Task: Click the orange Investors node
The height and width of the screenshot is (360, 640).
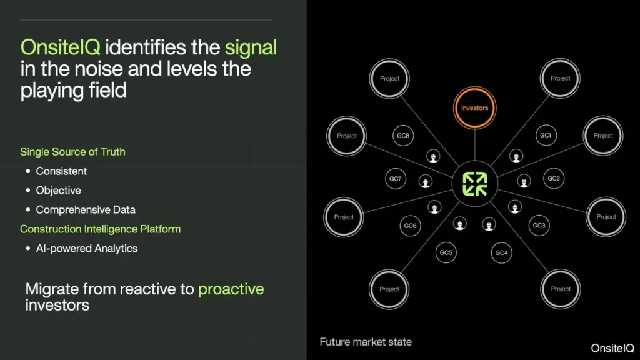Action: click(x=475, y=107)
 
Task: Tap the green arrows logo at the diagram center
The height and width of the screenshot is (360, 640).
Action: click(x=475, y=184)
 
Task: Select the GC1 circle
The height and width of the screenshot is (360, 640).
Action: click(x=546, y=135)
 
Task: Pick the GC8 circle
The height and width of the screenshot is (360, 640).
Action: click(x=403, y=136)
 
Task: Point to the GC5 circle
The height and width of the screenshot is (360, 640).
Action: click(x=446, y=252)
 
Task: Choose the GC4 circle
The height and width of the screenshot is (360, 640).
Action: click(x=501, y=253)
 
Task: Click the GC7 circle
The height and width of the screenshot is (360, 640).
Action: click(x=395, y=178)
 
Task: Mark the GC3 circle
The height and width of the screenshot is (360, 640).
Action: click(x=539, y=225)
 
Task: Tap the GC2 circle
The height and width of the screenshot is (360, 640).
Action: click(x=554, y=178)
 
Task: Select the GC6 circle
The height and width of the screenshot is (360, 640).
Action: click(x=410, y=226)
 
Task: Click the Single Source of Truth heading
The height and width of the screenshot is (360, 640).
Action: click(x=72, y=152)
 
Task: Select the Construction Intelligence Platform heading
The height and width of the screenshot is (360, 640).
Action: click(x=101, y=229)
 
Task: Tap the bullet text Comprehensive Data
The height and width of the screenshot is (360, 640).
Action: click(x=86, y=210)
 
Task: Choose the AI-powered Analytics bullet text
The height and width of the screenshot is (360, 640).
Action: click(x=87, y=249)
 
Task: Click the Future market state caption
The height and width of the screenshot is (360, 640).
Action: click(x=366, y=342)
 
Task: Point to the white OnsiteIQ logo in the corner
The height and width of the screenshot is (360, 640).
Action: click(x=612, y=348)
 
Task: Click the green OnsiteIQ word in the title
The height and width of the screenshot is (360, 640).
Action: click(x=61, y=47)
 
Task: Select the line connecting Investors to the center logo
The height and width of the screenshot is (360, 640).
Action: click(x=475, y=145)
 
